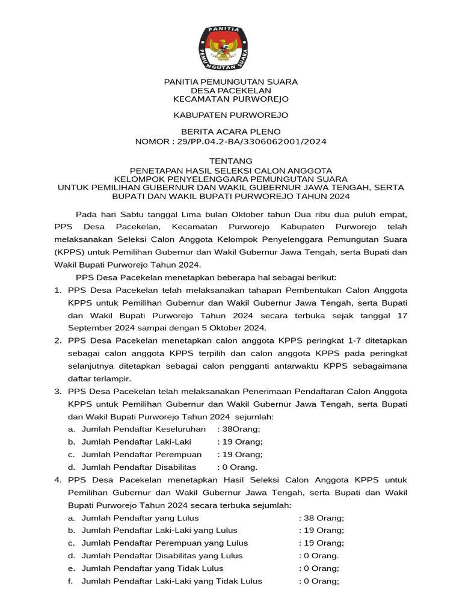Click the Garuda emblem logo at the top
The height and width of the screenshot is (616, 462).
(x=231, y=46)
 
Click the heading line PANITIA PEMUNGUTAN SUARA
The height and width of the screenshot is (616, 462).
(x=231, y=81)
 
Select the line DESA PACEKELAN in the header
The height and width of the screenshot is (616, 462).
(x=231, y=90)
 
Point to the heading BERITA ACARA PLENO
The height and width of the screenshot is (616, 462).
(x=231, y=131)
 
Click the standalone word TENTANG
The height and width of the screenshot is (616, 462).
(x=231, y=161)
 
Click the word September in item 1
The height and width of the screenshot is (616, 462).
(x=88, y=327)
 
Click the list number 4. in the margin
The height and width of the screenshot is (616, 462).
(x=58, y=479)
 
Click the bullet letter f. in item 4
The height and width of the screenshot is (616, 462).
(x=71, y=581)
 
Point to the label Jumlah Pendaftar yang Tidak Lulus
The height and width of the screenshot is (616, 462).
(x=152, y=568)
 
